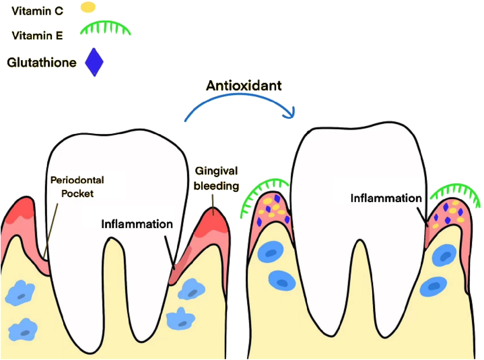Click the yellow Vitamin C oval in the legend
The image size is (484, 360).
pyautogui.click(x=88, y=7)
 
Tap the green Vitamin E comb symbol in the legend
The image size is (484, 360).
pyautogui.click(x=105, y=28)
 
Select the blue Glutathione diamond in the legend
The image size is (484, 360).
pyautogui.click(x=94, y=62)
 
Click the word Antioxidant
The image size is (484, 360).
pyautogui.click(x=244, y=86)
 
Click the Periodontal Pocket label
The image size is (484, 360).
pyautogui.click(x=77, y=187)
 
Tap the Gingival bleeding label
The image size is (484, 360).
pyautogui.click(x=216, y=178)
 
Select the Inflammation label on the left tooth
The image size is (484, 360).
pyautogui.click(x=137, y=224)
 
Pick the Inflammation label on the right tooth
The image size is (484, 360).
pyautogui.click(x=386, y=198)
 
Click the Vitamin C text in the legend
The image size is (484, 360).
pyautogui.click(x=37, y=11)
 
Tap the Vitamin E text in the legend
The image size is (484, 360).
pyautogui.click(x=37, y=35)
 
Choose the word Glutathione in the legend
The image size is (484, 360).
pyautogui.click(x=42, y=62)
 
